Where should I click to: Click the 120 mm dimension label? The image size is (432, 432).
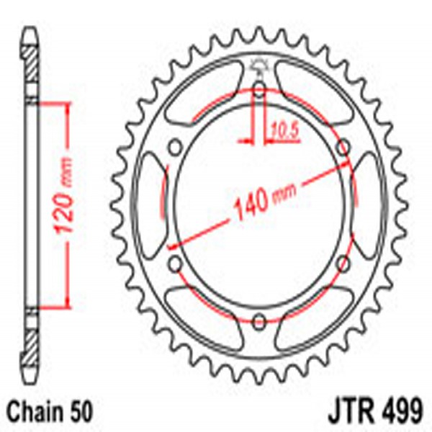pos(63,204)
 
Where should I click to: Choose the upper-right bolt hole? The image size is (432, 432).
pos(344,147)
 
